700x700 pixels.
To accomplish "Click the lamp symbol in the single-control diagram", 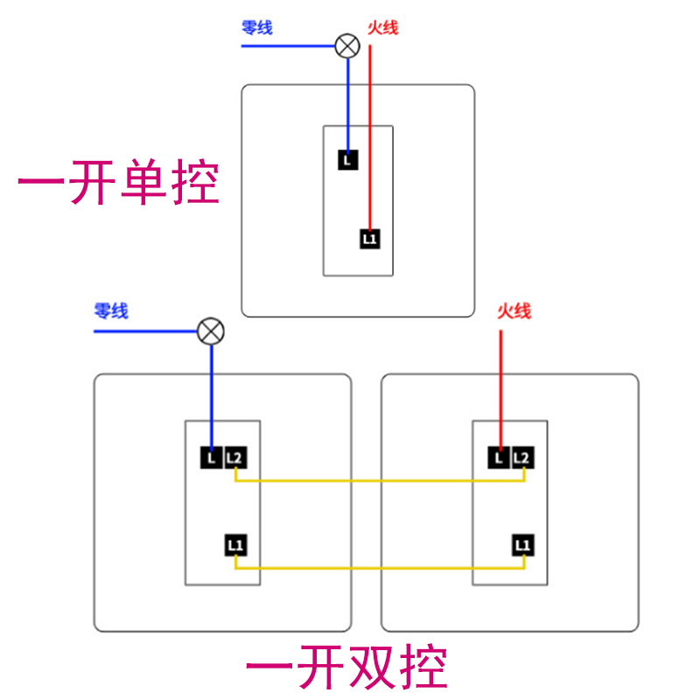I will tap(348, 45).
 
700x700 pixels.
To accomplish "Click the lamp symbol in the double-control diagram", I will tap(210, 332).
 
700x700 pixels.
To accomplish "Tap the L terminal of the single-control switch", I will tap(347, 160).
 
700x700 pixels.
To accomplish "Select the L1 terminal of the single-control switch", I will tap(370, 238).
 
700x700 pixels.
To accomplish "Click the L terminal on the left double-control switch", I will tap(211, 457).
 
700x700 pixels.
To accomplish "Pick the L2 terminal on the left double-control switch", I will tap(234, 457).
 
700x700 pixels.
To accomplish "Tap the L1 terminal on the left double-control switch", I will tap(234, 545).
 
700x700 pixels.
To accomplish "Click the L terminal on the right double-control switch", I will tap(499, 457).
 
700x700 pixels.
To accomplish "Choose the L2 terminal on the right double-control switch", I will tap(521, 457).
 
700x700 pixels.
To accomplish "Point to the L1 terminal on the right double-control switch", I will tap(522, 545).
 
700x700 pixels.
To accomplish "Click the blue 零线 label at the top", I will tap(257, 28).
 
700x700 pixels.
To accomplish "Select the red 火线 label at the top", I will tap(382, 28).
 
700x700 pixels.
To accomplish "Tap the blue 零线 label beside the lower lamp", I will tap(111, 311).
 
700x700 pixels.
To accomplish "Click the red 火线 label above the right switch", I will tap(514, 311).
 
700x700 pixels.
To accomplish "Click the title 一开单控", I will tap(118, 182).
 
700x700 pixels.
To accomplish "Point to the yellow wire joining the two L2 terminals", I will tap(379, 480).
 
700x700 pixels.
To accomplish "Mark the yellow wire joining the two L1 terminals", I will tap(379, 569).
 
